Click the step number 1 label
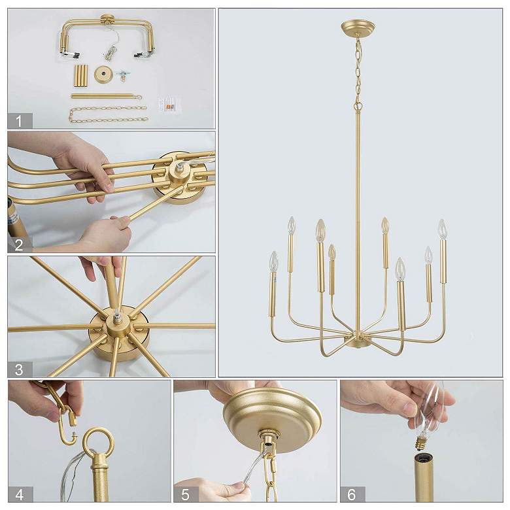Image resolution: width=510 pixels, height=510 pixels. [19, 122]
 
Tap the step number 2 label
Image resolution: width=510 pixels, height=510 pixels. [18, 245]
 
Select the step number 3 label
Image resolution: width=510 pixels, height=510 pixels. [19, 370]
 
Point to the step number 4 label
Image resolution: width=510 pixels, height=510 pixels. [19, 495]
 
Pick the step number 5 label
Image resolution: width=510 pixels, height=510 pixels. [185, 495]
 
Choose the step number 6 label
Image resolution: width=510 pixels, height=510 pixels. [352, 495]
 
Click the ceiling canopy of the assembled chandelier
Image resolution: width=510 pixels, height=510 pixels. [358, 27]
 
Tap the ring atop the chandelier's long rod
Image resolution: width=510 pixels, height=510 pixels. [358, 107]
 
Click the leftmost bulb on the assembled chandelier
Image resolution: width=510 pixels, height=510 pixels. [274, 262]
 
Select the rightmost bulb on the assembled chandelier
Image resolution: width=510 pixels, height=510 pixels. [442, 229]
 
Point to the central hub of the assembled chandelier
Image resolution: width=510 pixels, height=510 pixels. [358, 340]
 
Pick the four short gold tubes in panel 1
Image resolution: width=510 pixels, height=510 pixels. [81, 76]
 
